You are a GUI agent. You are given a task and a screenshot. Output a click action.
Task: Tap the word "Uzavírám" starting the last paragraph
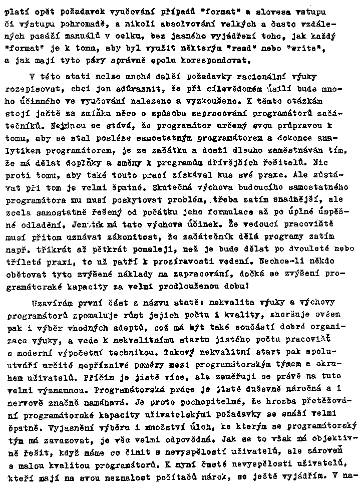(x=50, y=304)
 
